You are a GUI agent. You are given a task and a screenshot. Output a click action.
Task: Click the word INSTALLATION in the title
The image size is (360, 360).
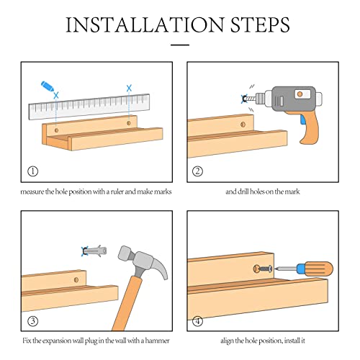145,24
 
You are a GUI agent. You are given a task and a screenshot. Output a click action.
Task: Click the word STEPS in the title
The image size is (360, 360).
260,24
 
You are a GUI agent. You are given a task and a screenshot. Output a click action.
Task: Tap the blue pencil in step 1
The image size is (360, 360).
48,86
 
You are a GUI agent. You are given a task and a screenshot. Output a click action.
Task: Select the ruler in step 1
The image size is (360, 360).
89,107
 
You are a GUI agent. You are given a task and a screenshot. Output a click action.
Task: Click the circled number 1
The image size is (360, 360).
33,171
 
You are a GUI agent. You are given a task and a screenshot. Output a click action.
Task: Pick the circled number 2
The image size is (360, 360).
197,171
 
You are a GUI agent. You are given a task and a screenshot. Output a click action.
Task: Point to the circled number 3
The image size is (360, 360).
33,321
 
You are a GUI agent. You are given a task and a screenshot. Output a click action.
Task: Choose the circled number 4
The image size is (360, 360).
197,321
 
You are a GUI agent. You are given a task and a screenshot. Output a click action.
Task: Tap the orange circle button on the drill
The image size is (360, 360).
300,94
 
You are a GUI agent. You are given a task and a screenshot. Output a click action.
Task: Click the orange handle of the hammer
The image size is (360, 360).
127,304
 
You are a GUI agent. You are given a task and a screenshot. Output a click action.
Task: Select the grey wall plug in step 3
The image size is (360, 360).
95,251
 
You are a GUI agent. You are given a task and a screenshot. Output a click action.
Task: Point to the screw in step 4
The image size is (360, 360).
265,269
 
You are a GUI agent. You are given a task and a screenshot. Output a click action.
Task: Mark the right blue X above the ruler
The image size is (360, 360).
129,89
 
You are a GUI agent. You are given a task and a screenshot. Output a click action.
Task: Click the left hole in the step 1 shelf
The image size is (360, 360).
57,130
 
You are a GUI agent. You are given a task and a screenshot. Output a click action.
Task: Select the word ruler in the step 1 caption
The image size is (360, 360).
117,192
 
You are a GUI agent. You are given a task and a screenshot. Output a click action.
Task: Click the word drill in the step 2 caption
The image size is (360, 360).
243,192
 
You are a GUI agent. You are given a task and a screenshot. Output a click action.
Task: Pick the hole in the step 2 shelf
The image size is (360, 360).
243,125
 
